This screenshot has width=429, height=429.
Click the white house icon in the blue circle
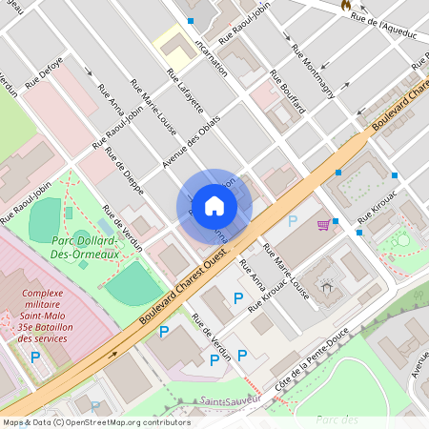pos(214,205)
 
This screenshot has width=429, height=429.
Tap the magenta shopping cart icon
pos(324,225)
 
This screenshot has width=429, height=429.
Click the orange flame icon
pos(345,6)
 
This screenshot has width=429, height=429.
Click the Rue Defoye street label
pos(44,73)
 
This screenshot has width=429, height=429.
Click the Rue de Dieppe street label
pos(125,171)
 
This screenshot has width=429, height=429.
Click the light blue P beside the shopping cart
pos(293,220)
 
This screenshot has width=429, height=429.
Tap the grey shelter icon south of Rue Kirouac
pos(328,286)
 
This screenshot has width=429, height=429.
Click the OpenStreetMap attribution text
pos(96,422)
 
